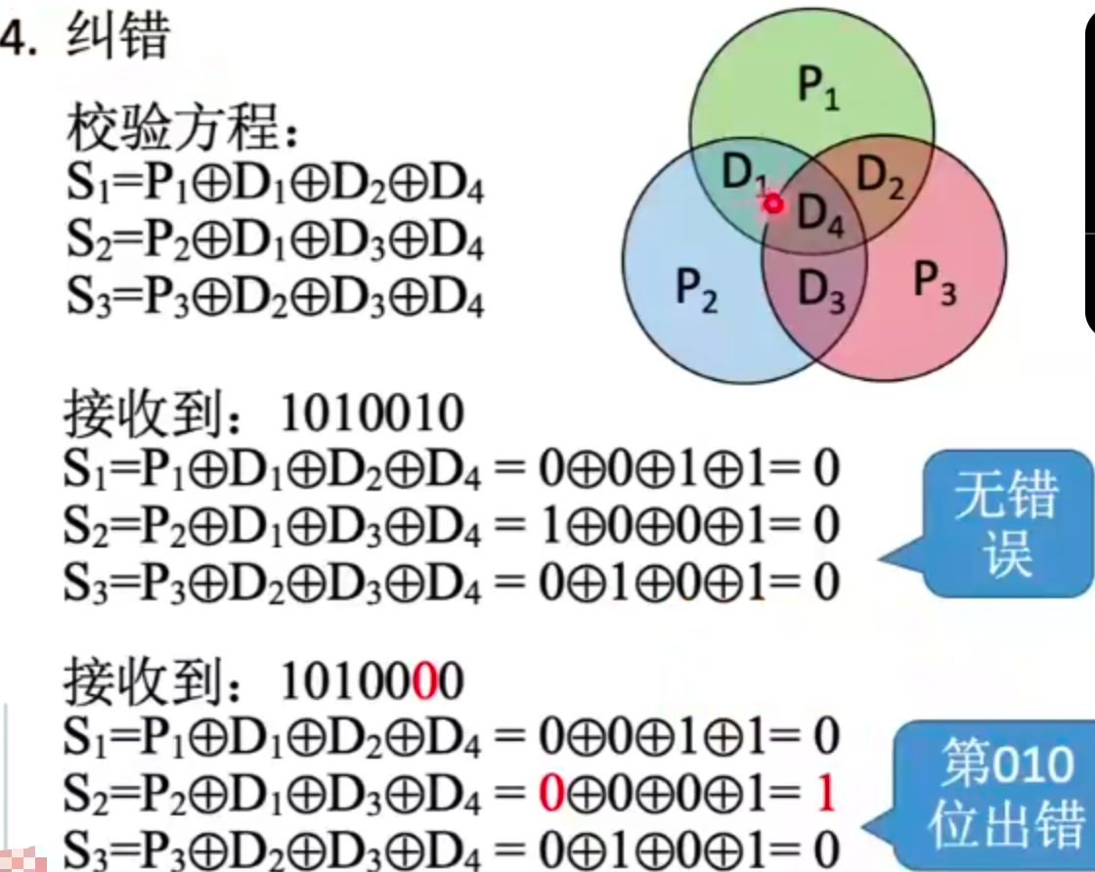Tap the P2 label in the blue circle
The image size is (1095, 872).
coord(697,290)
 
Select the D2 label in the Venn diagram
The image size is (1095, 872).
coord(880,177)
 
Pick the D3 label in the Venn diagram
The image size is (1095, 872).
coord(821,290)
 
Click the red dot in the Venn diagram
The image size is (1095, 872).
coord(774,204)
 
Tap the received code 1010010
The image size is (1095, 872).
coord(372,414)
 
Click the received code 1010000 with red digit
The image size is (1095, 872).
coord(372,683)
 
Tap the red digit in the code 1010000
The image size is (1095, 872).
coord(424,683)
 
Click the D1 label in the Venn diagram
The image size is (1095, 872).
coord(743,174)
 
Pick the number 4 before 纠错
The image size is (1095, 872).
coord(12,39)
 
